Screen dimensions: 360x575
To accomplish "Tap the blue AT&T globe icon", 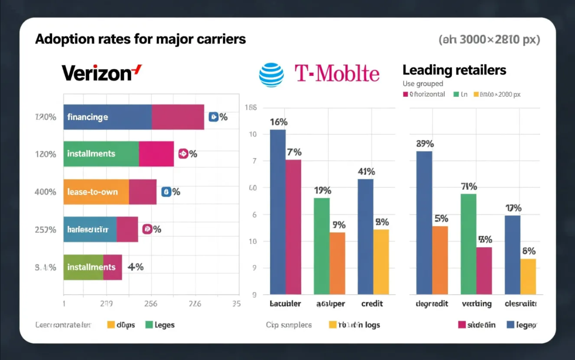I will [271, 75].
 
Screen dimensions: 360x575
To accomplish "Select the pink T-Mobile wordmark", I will [337, 74].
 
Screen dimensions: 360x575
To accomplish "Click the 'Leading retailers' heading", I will [454, 70].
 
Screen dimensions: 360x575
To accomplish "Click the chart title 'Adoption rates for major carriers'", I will [140, 39].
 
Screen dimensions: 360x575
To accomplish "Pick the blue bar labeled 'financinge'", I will [107, 117].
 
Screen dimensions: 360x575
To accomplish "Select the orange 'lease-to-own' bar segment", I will [96, 192].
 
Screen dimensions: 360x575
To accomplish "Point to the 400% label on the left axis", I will [45, 192].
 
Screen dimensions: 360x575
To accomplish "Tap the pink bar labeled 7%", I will [293, 227].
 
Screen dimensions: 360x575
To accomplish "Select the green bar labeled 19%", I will [321, 246].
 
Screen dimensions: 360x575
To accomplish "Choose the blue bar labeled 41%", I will [366, 236].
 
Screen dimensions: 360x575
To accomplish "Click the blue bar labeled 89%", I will [424, 222].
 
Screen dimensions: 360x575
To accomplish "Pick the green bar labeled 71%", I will [468, 244].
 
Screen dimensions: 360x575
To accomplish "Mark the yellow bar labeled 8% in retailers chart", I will [528, 276].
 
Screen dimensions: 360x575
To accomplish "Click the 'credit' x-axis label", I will [372, 304].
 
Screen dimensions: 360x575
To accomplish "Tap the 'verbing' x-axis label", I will [476, 304].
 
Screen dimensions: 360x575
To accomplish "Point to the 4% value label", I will [135, 267].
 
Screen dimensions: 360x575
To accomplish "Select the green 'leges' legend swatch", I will [149, 325].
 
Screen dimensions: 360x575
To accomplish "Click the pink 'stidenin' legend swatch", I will [462, 325].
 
